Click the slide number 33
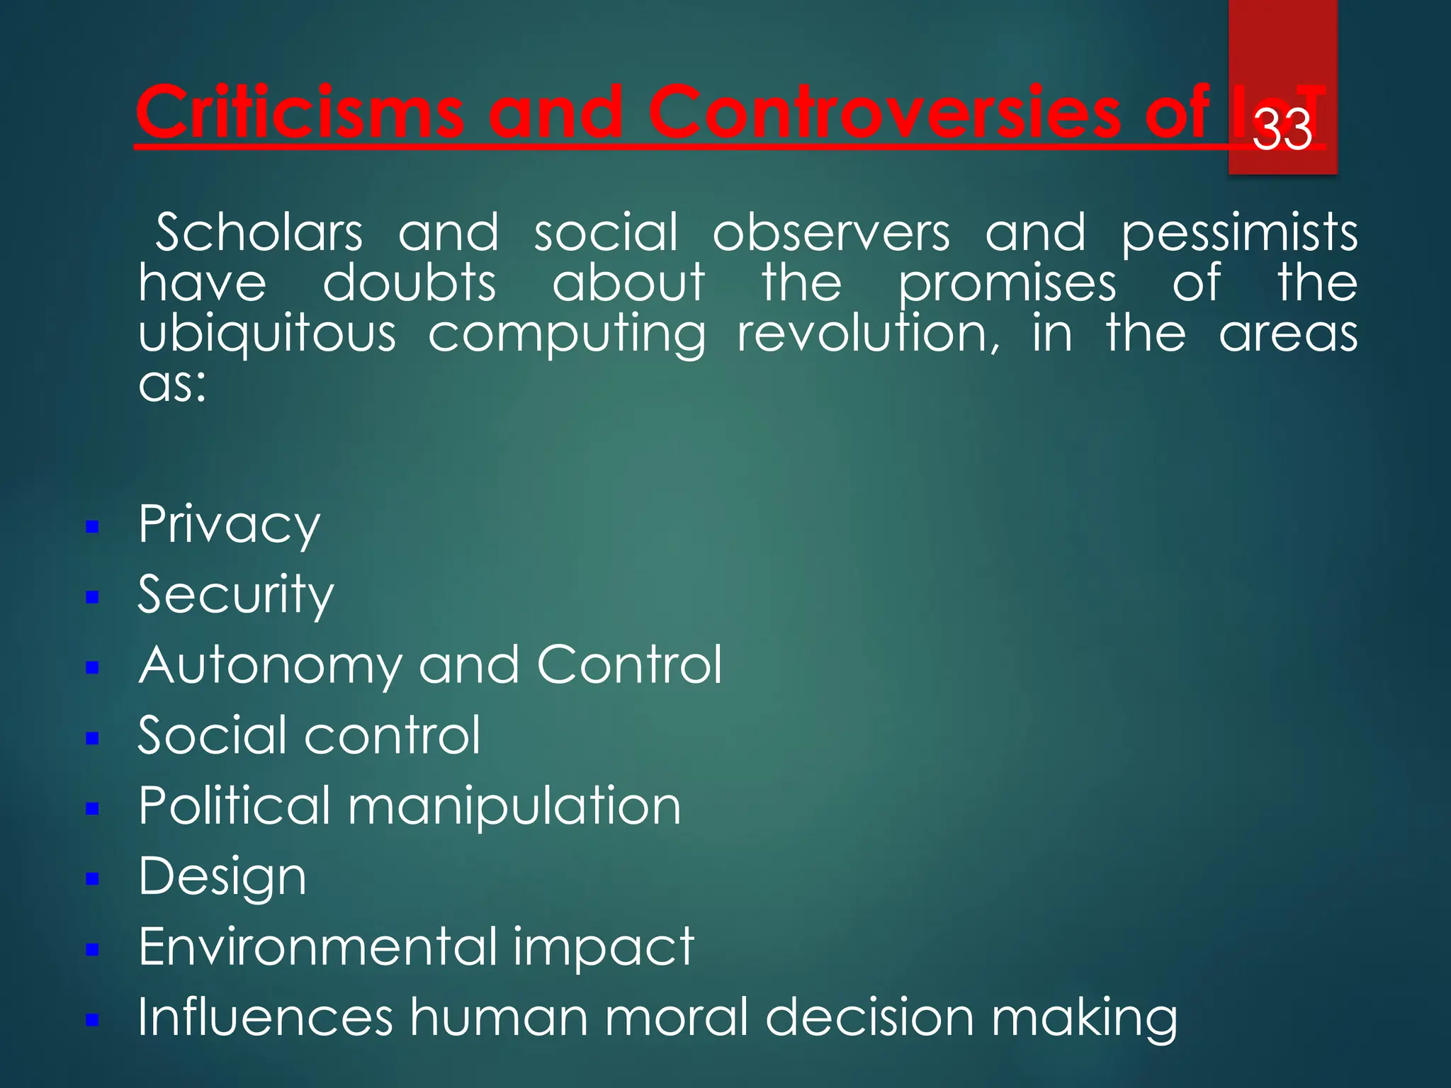coord(1282,130)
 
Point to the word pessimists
coord(1238,234)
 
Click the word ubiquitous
coord(267,334)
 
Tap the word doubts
coord(409,283)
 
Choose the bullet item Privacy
coord(229,525)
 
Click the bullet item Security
coord(235,595)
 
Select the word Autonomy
coord(269,666)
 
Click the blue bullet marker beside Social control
coord(91,738)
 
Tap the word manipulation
coord(514,806)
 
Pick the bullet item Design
coord(222,877)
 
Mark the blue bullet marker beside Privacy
coord(91,527)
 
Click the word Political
coord(234,805)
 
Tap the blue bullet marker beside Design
coord(91,879)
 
